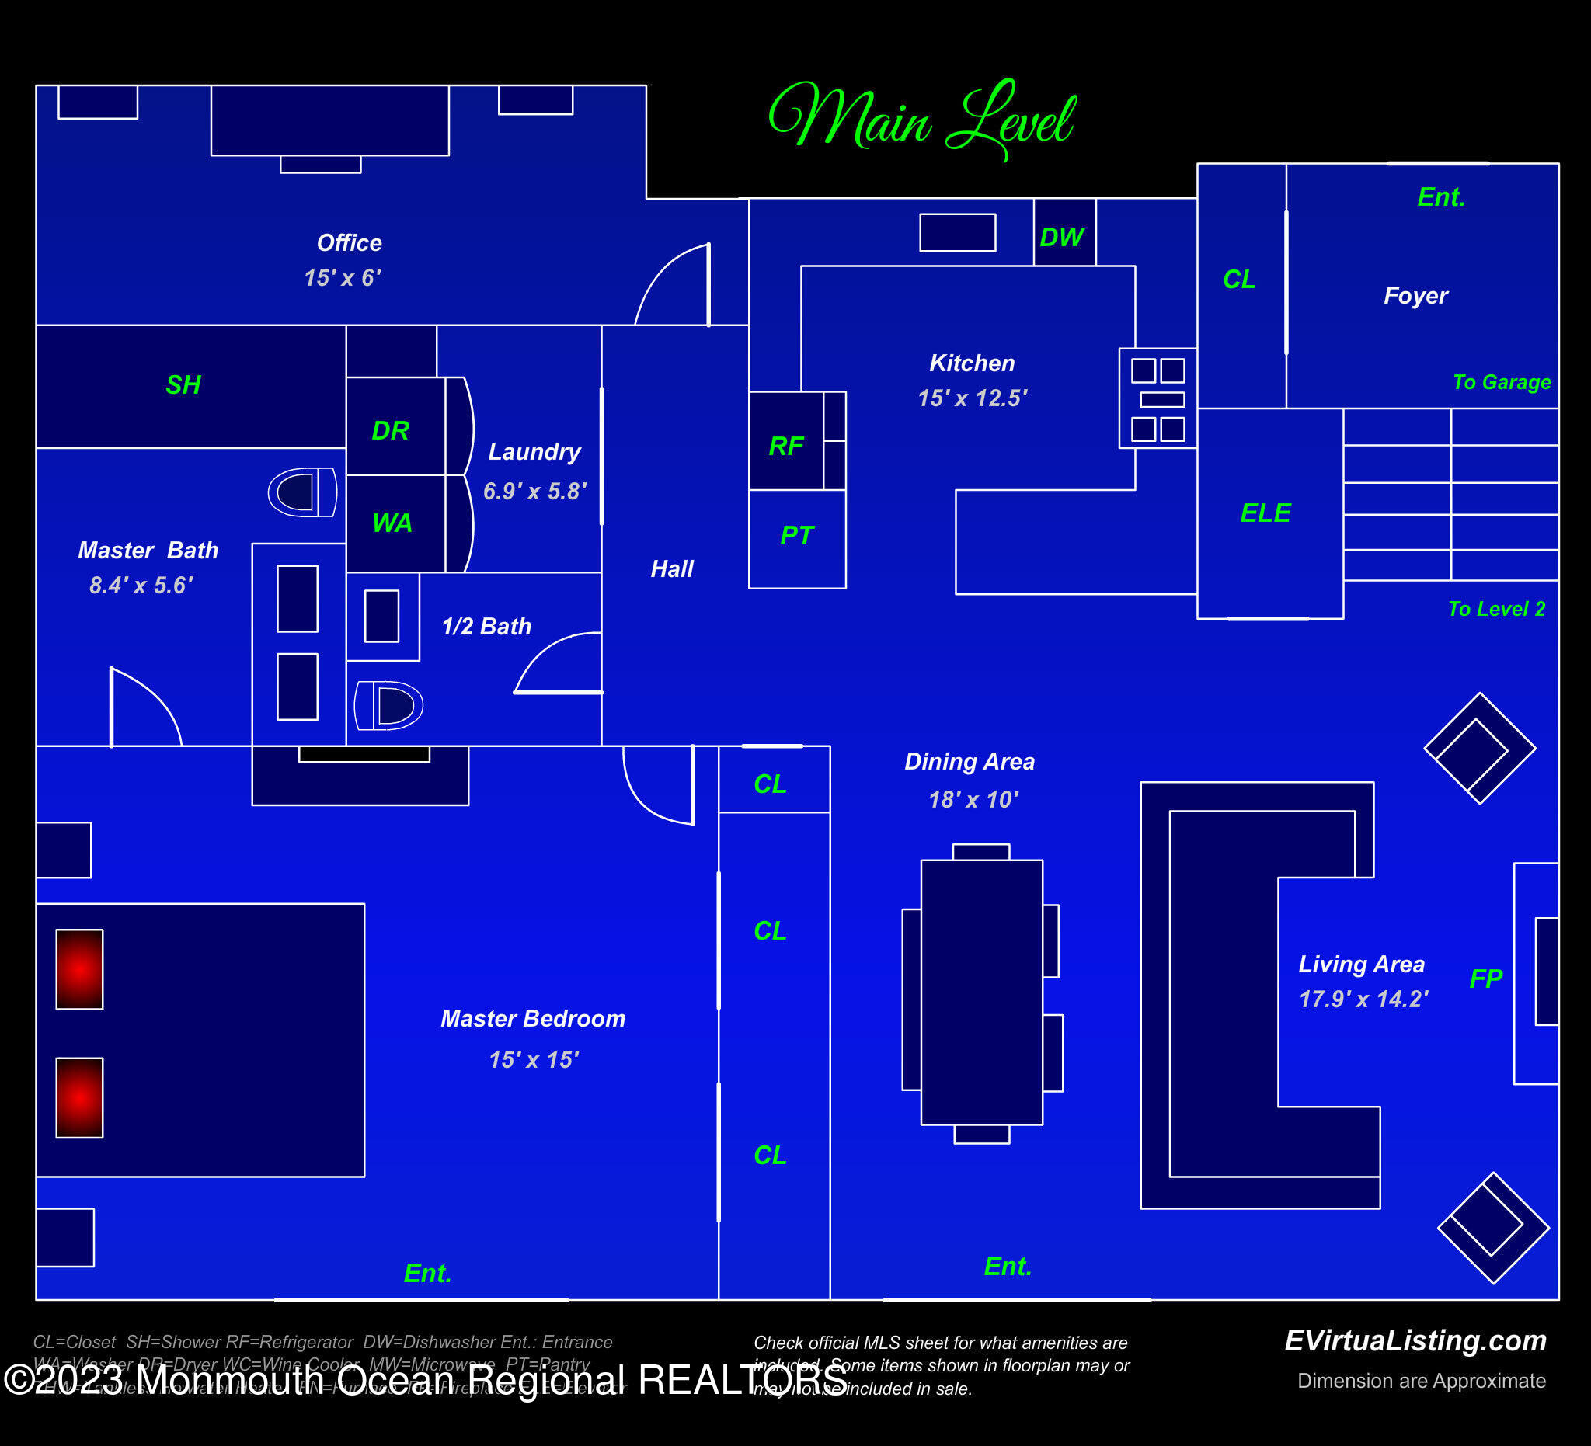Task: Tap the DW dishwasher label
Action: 1061,237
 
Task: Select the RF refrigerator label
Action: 786,447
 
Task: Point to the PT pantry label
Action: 796,536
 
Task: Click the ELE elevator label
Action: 1265,513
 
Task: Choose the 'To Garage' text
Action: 1501,383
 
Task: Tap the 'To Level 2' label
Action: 1495,609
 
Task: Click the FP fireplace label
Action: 1485,978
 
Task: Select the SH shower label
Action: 183,385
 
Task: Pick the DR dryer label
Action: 390,431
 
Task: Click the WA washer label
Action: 392,522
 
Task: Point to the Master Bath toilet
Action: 302,492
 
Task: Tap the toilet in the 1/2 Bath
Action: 389,705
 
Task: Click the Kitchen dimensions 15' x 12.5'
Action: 973,398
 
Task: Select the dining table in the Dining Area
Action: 981,992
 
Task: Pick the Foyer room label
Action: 1415,296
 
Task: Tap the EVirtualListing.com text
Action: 1415,1340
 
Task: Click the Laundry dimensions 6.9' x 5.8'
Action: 534,492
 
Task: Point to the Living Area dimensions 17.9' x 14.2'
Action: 1363,999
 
